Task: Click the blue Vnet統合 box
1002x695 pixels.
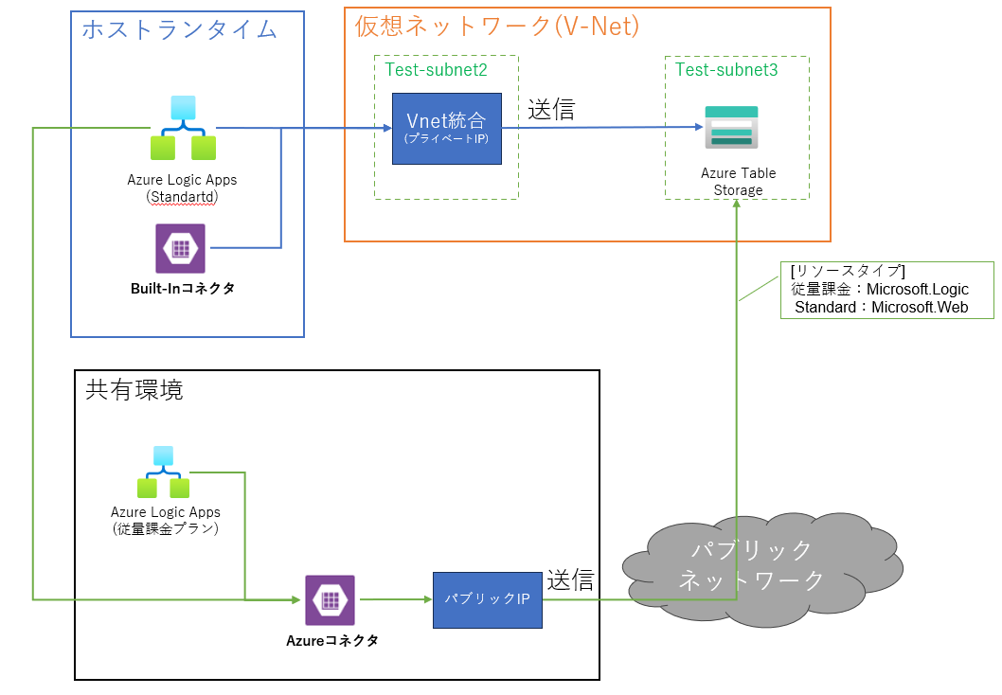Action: point(446,129)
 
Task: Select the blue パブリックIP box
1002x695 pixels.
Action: point(488,599)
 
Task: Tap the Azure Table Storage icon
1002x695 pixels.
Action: point(731,127)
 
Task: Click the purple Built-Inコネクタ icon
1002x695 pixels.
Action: point(180,248)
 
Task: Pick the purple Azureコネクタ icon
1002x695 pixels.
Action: point(330,599)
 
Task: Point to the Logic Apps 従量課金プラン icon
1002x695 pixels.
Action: point(164,472)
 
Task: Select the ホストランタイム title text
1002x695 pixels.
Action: point(179,29)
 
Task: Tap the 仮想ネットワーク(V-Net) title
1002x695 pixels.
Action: point(496,27)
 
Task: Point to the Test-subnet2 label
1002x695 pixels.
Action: point(437,69)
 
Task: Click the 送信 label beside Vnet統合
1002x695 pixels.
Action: point(551,110)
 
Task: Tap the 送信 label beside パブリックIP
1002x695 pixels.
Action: point(570,579)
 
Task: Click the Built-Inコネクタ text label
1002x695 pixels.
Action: point(183,289)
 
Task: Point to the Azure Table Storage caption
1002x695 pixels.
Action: point(738,182)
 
